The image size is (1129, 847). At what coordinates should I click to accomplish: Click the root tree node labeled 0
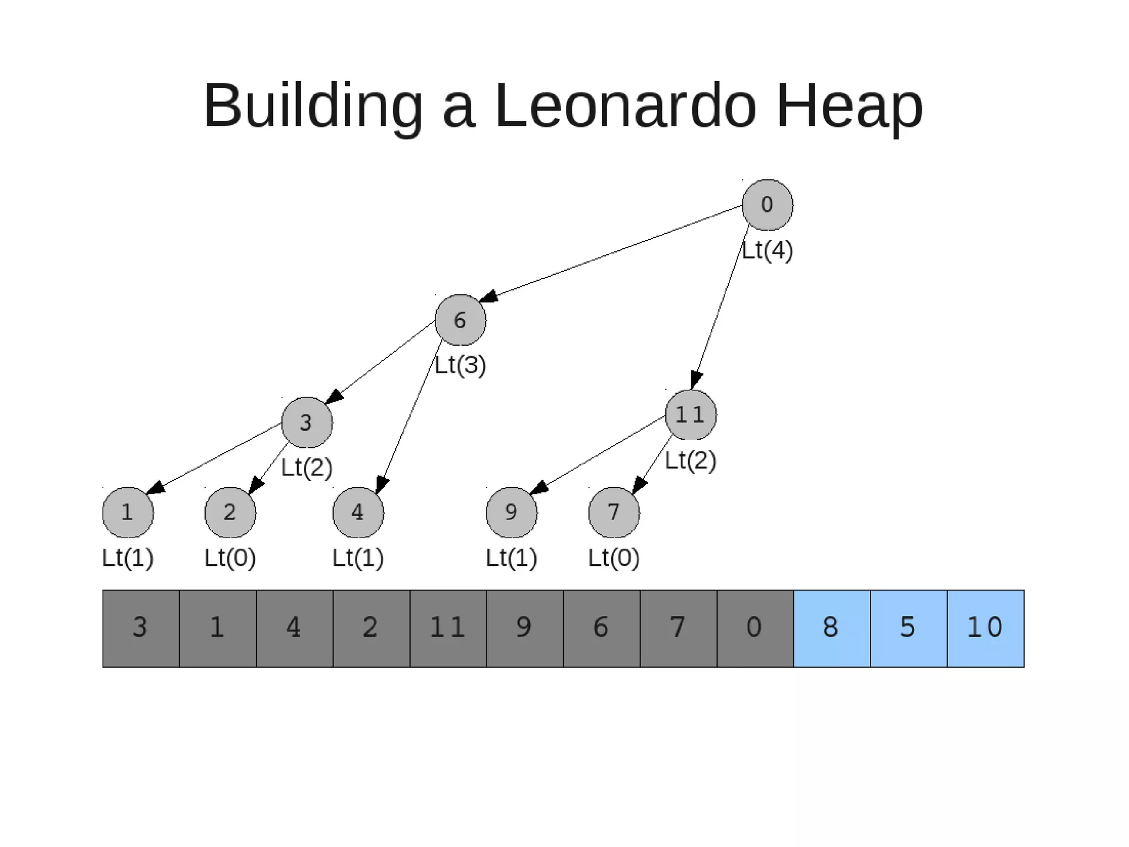767,205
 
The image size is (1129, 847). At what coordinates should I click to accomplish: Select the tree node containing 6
460,320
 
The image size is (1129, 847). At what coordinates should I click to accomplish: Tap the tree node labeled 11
691,415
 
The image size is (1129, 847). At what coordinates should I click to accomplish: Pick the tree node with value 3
307,422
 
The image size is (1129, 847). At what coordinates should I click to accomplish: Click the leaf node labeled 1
128,512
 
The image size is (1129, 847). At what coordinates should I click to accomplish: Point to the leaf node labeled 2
230,512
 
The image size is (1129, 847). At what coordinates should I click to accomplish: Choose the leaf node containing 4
358,512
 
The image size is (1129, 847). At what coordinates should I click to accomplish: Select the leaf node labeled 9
512,512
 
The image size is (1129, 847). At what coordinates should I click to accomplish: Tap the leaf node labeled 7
614,512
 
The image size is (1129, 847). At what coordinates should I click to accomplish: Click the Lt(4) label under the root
767,250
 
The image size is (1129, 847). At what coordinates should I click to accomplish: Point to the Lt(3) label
460,365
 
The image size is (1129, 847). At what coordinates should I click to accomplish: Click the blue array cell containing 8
832,628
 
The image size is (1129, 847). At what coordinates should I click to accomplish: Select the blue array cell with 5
908,628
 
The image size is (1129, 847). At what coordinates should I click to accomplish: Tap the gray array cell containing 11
448,628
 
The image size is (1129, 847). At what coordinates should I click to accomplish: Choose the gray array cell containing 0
755,628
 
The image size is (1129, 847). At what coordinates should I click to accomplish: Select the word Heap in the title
850,105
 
